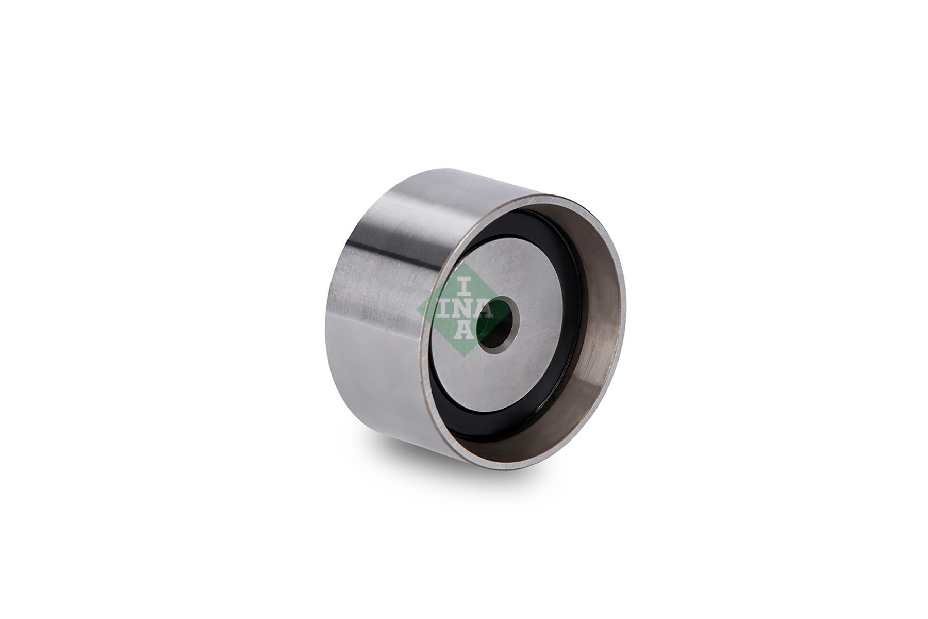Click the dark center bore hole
coord(498,324)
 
